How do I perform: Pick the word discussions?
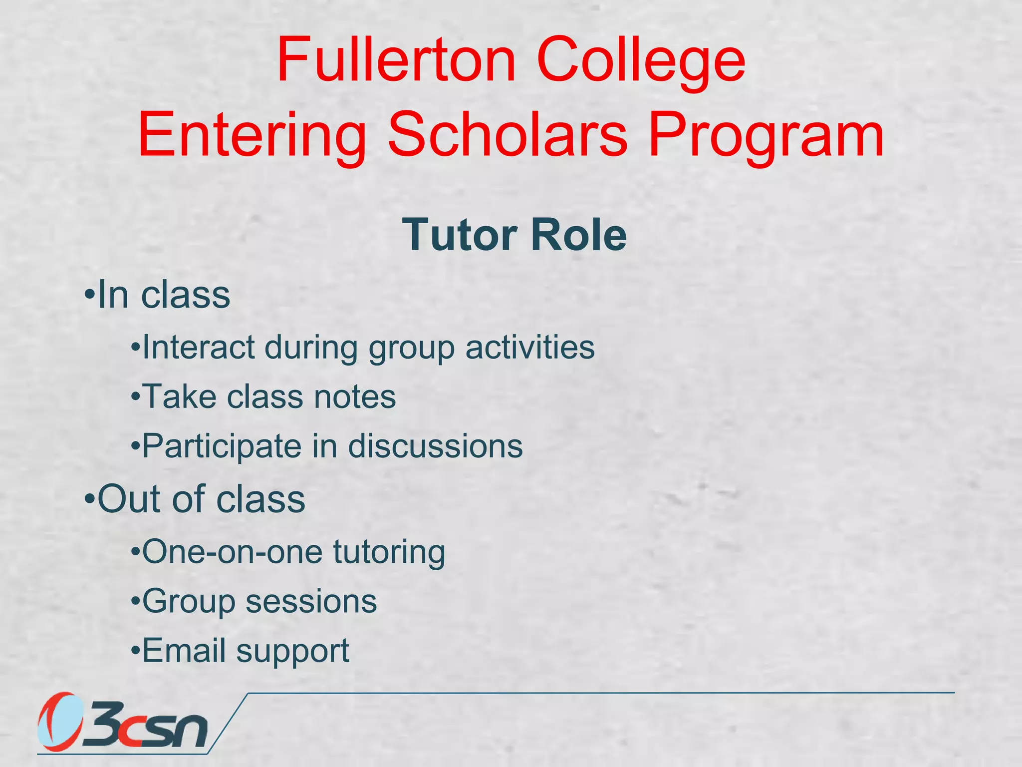point(435,445)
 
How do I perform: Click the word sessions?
point(311,601)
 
